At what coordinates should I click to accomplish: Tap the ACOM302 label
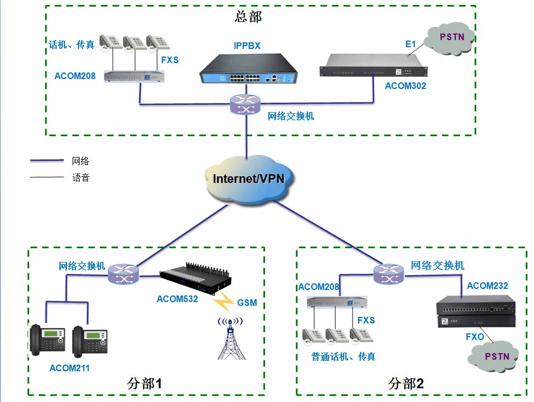405,86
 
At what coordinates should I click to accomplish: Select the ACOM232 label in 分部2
487,286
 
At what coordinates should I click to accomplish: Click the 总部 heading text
248,16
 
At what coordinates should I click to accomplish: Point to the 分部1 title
145,383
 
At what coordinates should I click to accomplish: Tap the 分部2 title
406,383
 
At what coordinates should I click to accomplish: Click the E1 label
410,44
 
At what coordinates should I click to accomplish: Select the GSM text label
247,303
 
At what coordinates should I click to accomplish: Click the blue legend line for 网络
47,161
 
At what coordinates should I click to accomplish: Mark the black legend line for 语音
47,177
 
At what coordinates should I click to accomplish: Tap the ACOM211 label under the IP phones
69,368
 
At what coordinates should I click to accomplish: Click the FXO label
475,336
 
